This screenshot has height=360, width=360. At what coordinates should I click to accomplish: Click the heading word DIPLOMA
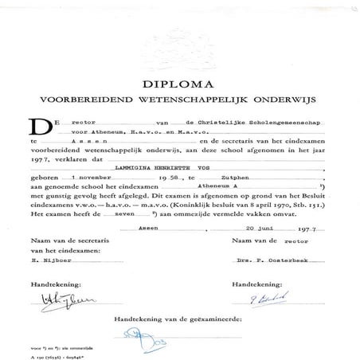(180, 81)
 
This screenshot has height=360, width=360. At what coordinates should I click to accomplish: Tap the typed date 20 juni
(259, 248)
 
